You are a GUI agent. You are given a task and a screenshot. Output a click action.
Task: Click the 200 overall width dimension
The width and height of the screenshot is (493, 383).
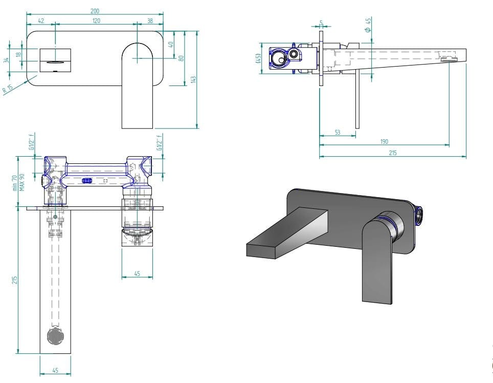(96, 11)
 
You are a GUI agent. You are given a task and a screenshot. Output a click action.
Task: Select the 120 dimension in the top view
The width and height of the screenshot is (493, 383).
(96, 20)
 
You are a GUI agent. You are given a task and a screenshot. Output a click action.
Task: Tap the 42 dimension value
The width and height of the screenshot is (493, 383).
(41, 20)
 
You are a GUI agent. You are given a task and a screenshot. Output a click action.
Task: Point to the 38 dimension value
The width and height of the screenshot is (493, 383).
(150, 20)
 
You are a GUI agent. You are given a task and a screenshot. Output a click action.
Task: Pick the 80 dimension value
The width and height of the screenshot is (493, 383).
(181, 58)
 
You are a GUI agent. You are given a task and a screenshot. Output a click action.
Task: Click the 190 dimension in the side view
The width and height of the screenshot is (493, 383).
(384, 142)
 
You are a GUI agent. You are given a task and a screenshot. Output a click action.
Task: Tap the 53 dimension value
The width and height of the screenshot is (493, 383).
(338, 133)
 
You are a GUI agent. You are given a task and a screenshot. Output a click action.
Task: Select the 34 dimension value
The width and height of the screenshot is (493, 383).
(7, 60)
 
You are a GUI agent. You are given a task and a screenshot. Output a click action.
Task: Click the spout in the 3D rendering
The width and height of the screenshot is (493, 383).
(286, 230)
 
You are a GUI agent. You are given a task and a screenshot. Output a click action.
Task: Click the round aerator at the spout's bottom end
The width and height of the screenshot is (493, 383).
(55, 336)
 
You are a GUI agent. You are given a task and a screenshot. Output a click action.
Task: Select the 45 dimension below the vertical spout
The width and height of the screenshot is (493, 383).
(55, 371)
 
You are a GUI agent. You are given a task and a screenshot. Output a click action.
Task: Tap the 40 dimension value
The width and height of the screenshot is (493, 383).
(171, 45)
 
